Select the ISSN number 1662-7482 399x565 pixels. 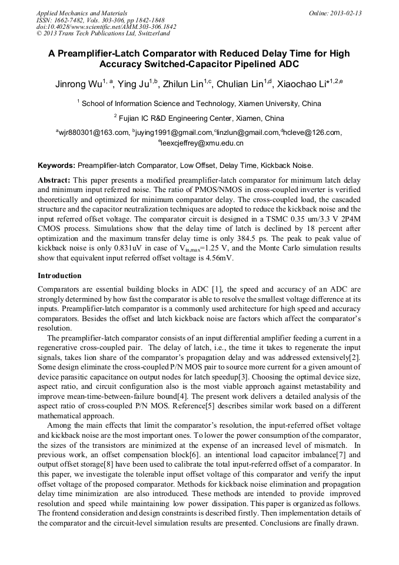click(71, 19)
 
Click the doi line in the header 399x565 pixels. click(106, 27)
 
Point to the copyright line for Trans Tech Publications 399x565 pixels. click(102, 34)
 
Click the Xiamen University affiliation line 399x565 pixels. click(200, 103)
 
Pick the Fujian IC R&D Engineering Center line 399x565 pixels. click(199, 118)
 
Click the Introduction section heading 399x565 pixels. click(59, 276)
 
